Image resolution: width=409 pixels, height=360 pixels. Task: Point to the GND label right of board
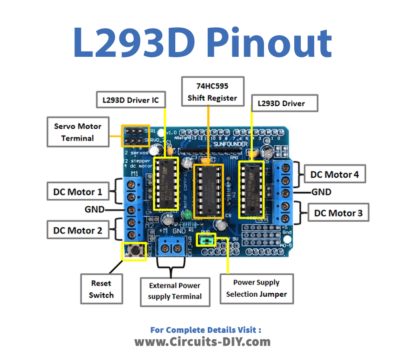(x=321, y=191)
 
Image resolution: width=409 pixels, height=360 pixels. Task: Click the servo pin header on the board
(x=136, y=134)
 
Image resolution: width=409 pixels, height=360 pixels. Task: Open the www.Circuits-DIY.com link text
(x=204, y=341)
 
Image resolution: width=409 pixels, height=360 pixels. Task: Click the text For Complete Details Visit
(x=204, y=327)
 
